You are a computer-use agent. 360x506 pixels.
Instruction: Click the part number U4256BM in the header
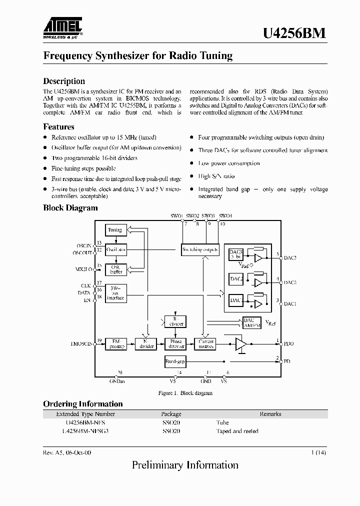(294, 33)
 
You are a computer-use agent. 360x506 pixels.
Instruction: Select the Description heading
(64, 81)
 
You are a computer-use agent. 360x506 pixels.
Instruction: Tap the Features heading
(59, 126)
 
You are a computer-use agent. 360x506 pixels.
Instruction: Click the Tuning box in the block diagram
(115, 230)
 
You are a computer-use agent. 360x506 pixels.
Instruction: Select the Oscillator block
(115, 248)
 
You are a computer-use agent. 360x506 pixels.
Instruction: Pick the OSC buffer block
(115, 269)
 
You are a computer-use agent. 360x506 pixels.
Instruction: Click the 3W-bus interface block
(115, 293)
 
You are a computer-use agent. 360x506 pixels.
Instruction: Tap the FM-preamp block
(115, 344)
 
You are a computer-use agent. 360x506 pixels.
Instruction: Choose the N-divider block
(146, 344)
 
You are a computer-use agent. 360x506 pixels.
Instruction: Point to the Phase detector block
(175, 344)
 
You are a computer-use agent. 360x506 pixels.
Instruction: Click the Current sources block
(206, 344)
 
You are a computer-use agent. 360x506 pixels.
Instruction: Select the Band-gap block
(175, 361)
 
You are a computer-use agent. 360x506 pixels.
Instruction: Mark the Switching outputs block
(200, 249)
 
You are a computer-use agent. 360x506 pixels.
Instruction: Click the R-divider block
(175, 321)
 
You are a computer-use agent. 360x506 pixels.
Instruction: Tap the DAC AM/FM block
(251, 322)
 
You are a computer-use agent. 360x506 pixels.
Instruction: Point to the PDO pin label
(288, 344)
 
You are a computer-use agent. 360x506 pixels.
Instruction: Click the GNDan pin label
(117, 381)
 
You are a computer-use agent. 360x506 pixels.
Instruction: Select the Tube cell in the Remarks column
(222, 422)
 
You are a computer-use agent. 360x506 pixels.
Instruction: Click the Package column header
(171, 414)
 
